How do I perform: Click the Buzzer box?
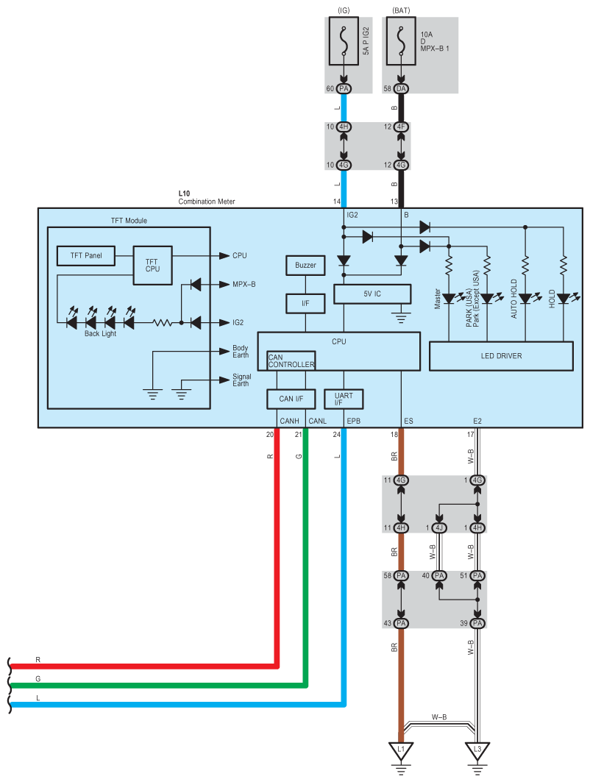[305, 265]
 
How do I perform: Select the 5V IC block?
[372, 294]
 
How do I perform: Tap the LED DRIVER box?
[501, 356]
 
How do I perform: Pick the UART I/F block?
[344, 399]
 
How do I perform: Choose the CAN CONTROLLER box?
[291, 360]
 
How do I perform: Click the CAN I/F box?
[291, 399]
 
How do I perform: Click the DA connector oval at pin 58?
[401, 88]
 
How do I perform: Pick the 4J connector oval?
[439, 527]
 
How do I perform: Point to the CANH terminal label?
[289, 421]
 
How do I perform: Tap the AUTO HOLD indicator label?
[515, 302]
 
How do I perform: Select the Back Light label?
[99, 333]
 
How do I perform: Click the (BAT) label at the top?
[401, 10]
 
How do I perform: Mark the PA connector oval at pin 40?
[439, 575]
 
